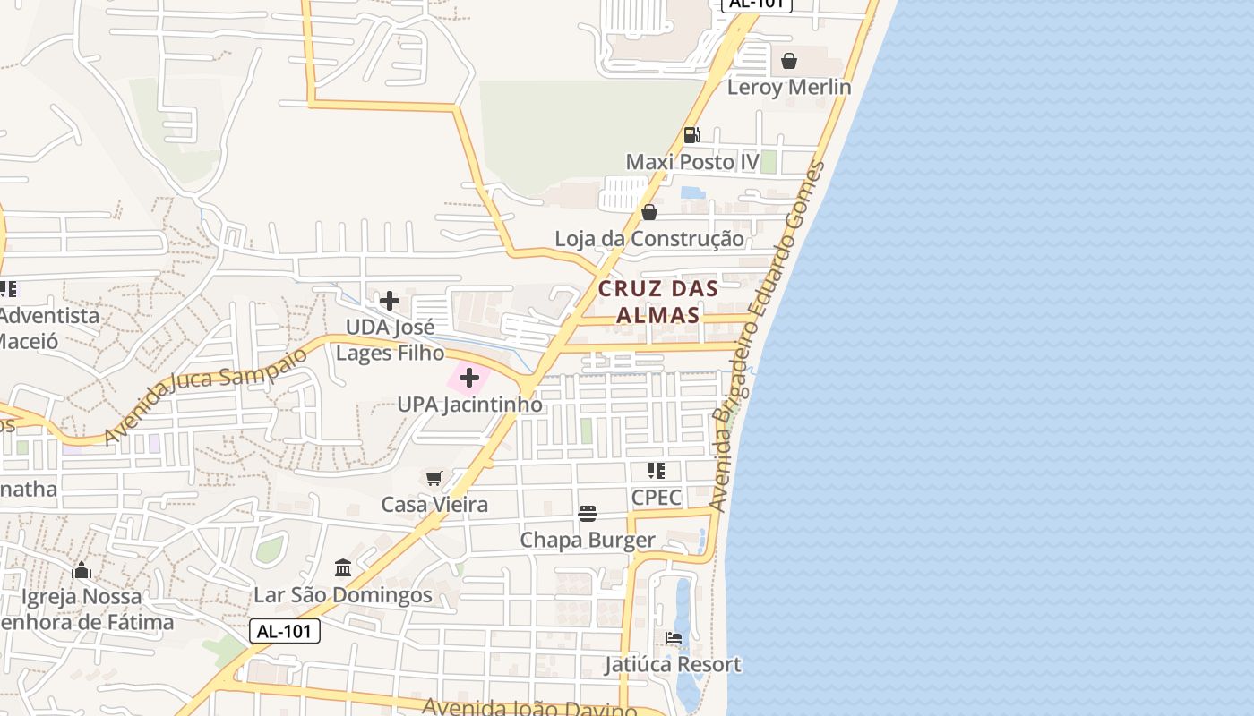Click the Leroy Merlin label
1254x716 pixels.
coord(788,87)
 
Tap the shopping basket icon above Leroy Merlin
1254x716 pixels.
coord(789,61)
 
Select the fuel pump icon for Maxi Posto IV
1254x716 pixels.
coord(692,135)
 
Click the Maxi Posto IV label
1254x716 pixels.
coord(691,162)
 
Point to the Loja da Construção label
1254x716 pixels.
coord(648,239)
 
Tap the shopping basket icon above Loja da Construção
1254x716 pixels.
coord(649,212)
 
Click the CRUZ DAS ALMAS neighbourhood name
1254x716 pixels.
coord(658,302)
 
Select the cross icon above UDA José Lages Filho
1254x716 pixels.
coord(390,300)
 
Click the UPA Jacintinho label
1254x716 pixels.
coord(469,405)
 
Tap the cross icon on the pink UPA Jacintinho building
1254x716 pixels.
coord(469,379)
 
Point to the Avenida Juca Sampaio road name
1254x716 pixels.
coord(205,395)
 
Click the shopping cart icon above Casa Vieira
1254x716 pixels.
coord(434,478)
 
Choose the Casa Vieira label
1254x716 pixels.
coord(434,505)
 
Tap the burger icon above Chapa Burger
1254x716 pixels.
coord(588,514)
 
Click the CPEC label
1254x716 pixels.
coord(657,498)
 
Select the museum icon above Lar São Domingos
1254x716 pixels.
coord(343,568)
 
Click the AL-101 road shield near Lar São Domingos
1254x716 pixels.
coord(284,631)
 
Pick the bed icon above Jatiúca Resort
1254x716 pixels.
coord(674,638)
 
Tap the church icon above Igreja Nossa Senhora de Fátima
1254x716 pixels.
coord(82,570)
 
